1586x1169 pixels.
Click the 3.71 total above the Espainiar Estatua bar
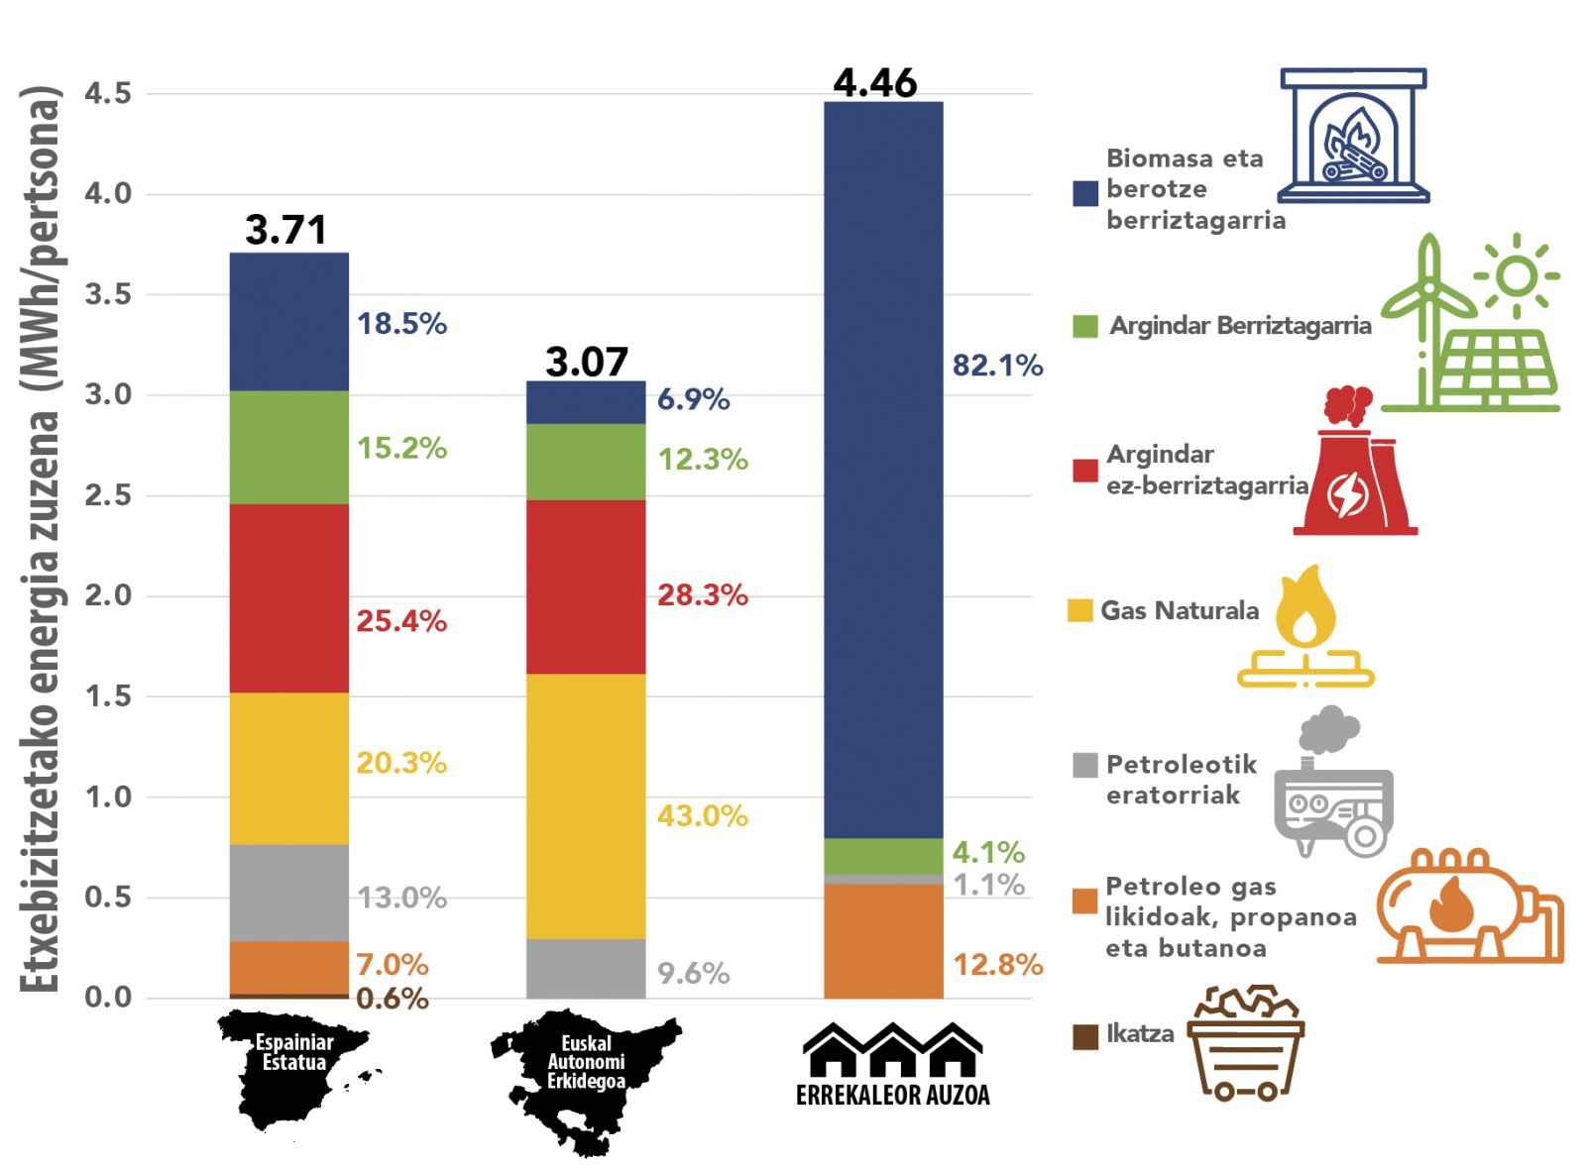tap(285, 230)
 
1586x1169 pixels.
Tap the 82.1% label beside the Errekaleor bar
tap(997, 366)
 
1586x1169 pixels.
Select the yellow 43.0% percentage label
tap(703, 816)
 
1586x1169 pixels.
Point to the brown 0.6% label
tap(393, 999)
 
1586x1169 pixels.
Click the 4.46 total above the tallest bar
tap(875, 83)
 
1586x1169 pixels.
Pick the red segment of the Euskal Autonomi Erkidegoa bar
tap(586, 586)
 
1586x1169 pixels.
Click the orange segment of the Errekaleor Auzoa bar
tap(883, 940)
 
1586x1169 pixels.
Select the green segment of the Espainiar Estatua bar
tap(288, 447)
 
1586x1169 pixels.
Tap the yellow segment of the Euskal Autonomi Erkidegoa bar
tap(586, 806)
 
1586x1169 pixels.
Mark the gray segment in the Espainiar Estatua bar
tap(288, 893)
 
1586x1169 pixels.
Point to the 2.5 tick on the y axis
tap(108, 495)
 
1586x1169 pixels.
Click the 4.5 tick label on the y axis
tap(108, 94)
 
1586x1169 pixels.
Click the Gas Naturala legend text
tap(1180, 610)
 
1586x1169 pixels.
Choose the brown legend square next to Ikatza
tap(1085, 1036)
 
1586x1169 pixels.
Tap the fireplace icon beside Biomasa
tap(1353, 136)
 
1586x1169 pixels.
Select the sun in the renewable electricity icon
tap(1516, 276)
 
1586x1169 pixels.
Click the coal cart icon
tap(1246, 1043)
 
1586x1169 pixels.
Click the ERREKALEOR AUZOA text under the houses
tap(892, 1095)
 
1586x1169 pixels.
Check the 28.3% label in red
tap(703, 595)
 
